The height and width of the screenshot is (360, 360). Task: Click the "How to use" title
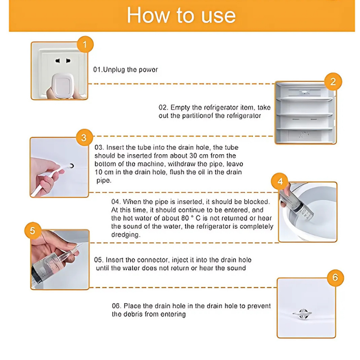(x=181, y=15)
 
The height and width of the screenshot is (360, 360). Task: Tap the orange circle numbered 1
(x=85, y=44)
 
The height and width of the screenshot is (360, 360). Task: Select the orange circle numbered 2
(x=333, y=81)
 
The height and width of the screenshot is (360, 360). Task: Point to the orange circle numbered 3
(x=84, y=138)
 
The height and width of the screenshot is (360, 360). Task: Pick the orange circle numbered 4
(x=280, y=181)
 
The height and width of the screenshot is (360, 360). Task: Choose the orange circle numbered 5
(x=32, y=230)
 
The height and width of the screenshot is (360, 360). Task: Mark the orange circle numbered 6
(x=335, y=278)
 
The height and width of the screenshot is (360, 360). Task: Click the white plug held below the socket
(x=63, y=86)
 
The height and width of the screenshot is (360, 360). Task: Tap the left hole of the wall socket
(x=58, y=61)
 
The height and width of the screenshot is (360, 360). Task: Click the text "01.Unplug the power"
(x=126, y=70)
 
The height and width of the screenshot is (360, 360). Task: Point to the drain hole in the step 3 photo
(x=72, y=166)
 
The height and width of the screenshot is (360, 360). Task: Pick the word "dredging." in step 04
(x=126, y=234)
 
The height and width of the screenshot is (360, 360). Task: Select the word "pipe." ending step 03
(x=104, y=181)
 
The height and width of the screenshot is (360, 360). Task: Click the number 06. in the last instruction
(x=117, y=306)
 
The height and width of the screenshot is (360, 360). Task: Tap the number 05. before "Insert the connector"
(x=99, y=260)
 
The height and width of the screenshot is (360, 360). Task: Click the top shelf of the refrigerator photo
(x=305, y=99)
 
